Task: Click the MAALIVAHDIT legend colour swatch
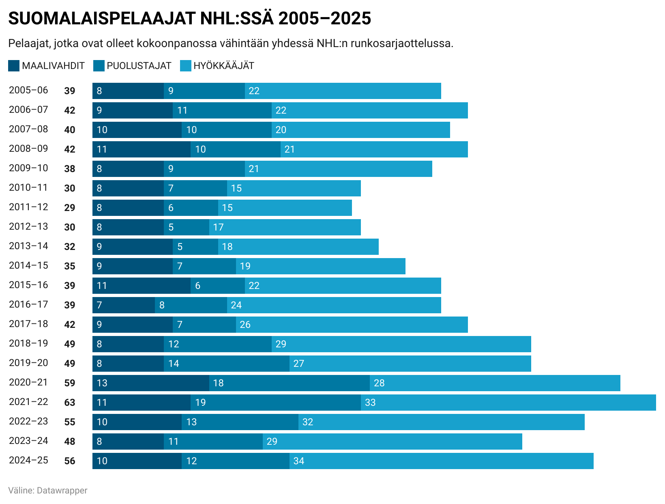point(14,66)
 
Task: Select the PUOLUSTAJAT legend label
point(139,66)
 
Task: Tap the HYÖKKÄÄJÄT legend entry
point(223,66)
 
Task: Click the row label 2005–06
point(28,90)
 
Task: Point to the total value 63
point(70,403)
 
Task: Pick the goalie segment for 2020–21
point(151,383)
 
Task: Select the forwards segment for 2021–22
point(508,403)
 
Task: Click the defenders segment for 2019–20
point(227,364)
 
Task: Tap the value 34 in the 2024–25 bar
point(299,461)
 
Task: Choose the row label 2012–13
point(28,226)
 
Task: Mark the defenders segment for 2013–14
point(195,247)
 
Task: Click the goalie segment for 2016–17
point(124,305)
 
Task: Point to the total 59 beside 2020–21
point(70,383)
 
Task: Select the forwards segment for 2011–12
point(285,208)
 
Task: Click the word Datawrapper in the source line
point(62,490)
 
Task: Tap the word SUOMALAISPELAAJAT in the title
point(101,19)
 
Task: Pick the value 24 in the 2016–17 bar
point(236,305)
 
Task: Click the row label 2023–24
point(28,441)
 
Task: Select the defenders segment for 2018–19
point(218,344)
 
